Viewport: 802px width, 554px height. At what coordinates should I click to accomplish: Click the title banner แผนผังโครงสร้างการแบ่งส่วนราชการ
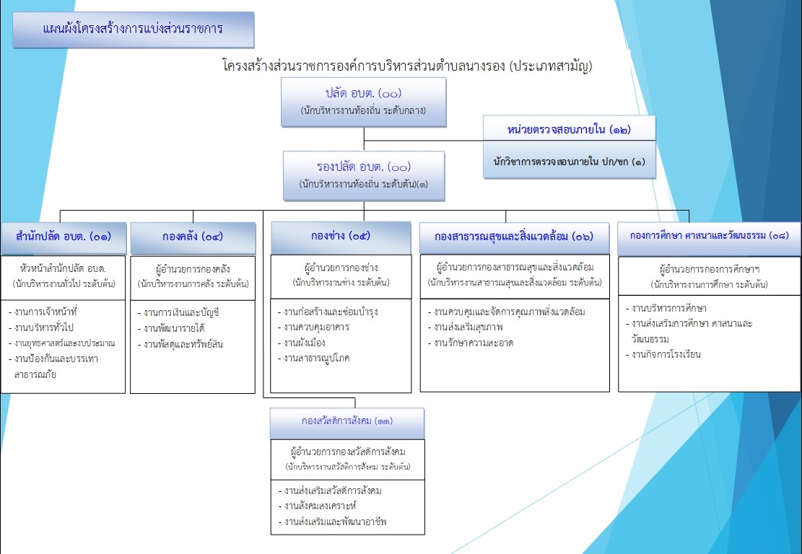tap(132, 30)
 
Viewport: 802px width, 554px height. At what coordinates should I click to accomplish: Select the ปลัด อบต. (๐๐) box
tap(363, 102)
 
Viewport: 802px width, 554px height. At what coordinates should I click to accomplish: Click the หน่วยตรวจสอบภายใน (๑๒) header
tap(570, 130)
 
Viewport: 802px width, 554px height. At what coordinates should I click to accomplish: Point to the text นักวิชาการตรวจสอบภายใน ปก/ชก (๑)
tap(568, 163)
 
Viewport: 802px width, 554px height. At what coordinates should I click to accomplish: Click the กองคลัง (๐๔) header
tap(193, 236)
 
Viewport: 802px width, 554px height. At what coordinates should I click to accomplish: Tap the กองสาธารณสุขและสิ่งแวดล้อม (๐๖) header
tap(514, 237)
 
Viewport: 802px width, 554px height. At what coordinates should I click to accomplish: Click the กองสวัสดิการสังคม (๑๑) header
tap(347, 421)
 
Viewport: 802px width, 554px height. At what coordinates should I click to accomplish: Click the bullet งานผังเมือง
tap(306, 343)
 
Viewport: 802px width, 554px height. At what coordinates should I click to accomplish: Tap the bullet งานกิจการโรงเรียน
tap(666, 354)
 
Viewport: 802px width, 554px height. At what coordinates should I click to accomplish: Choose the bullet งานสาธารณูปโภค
tap(316, 358)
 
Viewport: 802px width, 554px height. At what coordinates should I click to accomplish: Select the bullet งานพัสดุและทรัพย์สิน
tap(183, 344)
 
